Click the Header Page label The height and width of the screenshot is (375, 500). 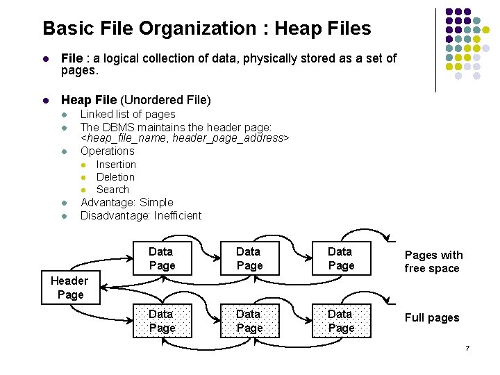69,287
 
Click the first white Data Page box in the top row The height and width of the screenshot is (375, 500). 162,258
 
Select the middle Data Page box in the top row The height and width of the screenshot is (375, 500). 249,258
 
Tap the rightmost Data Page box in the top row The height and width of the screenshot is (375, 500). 340,258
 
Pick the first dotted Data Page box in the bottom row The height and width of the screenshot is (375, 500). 162,321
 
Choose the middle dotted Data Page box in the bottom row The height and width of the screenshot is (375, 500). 249,321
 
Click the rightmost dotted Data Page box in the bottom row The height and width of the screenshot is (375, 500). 340,321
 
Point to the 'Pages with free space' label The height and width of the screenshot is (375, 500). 433,262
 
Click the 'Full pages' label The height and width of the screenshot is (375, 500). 432,318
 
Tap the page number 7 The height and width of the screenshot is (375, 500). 467,347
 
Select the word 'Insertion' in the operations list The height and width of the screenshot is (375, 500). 116,165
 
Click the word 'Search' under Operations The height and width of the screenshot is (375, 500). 112,190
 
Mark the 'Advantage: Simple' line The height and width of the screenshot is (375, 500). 127,202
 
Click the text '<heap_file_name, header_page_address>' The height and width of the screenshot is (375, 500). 185,138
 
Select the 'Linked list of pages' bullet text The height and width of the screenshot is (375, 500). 128,114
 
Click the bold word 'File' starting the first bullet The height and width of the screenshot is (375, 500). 72,58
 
